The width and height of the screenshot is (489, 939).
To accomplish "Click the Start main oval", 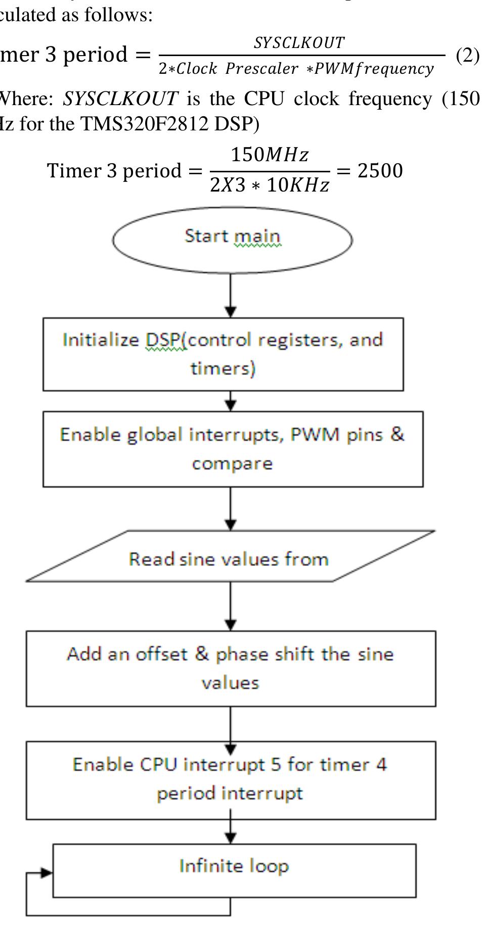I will pyautogui.click(x=232, y=240).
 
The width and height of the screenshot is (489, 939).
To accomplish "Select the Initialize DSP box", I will pyautogui.click(x=223, y=354).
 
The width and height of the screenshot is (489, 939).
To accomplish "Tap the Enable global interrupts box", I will pyautogui.click(x=233, y=449).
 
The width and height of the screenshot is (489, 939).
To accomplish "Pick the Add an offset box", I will pyautogui.click(x=231, y=668).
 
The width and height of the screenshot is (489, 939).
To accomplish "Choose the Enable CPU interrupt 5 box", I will pyautogui.click(x=231, y=780).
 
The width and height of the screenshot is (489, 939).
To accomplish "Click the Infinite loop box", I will pyautogui.click(x=234, y=870).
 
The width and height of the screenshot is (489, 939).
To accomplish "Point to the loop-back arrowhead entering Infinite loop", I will pyautogui.click(x=47, y=872).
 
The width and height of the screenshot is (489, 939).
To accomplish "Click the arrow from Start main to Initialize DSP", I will pyautogui.click(x=231, y=296).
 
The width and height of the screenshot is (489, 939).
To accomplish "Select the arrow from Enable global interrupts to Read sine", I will pyautogui.click(x=231, y=508).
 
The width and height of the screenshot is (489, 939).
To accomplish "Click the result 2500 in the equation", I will pyautogui.click(x=380, y=171).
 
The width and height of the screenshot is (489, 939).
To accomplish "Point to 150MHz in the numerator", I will pyautogui.click(x=269, y=155).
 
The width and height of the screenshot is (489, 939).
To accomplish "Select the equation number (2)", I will pyautogui.click(x=467, y=55).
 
